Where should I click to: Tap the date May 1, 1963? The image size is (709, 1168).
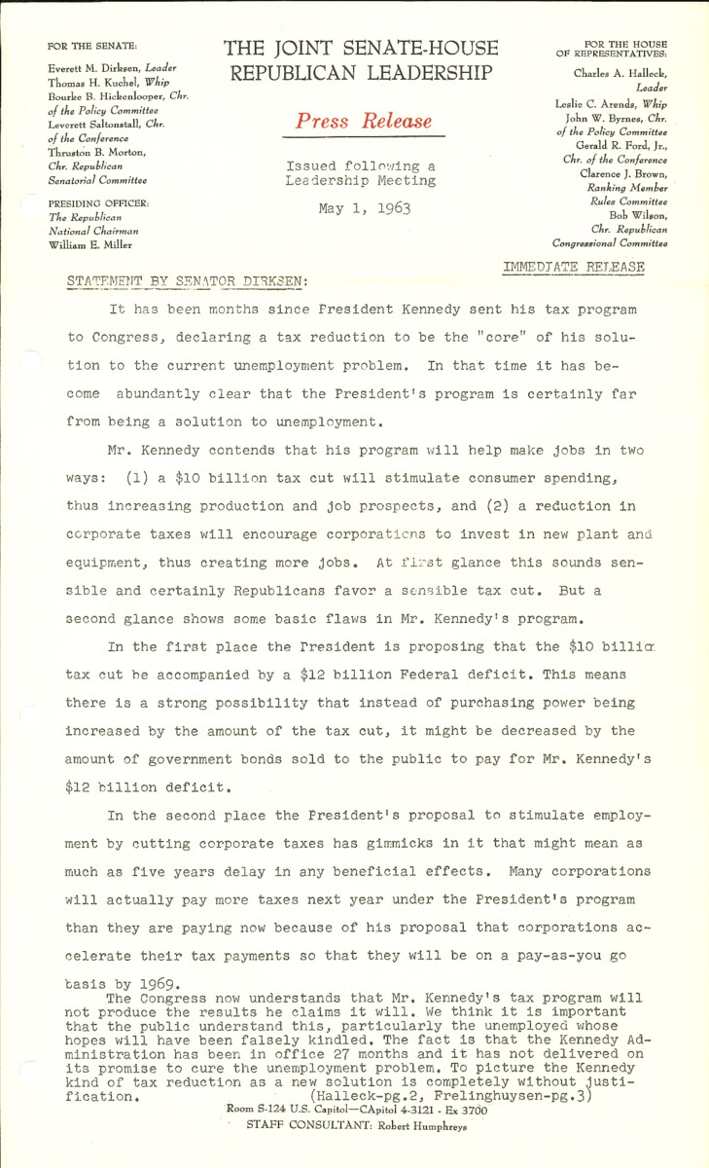coord(364,208)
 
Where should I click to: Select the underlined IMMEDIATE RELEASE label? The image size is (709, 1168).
coord(574,266)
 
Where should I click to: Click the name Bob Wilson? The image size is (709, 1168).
coord(638,215)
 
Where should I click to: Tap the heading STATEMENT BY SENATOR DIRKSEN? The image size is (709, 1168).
coord(187,281)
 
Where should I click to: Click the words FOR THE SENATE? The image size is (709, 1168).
coord(92,46)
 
